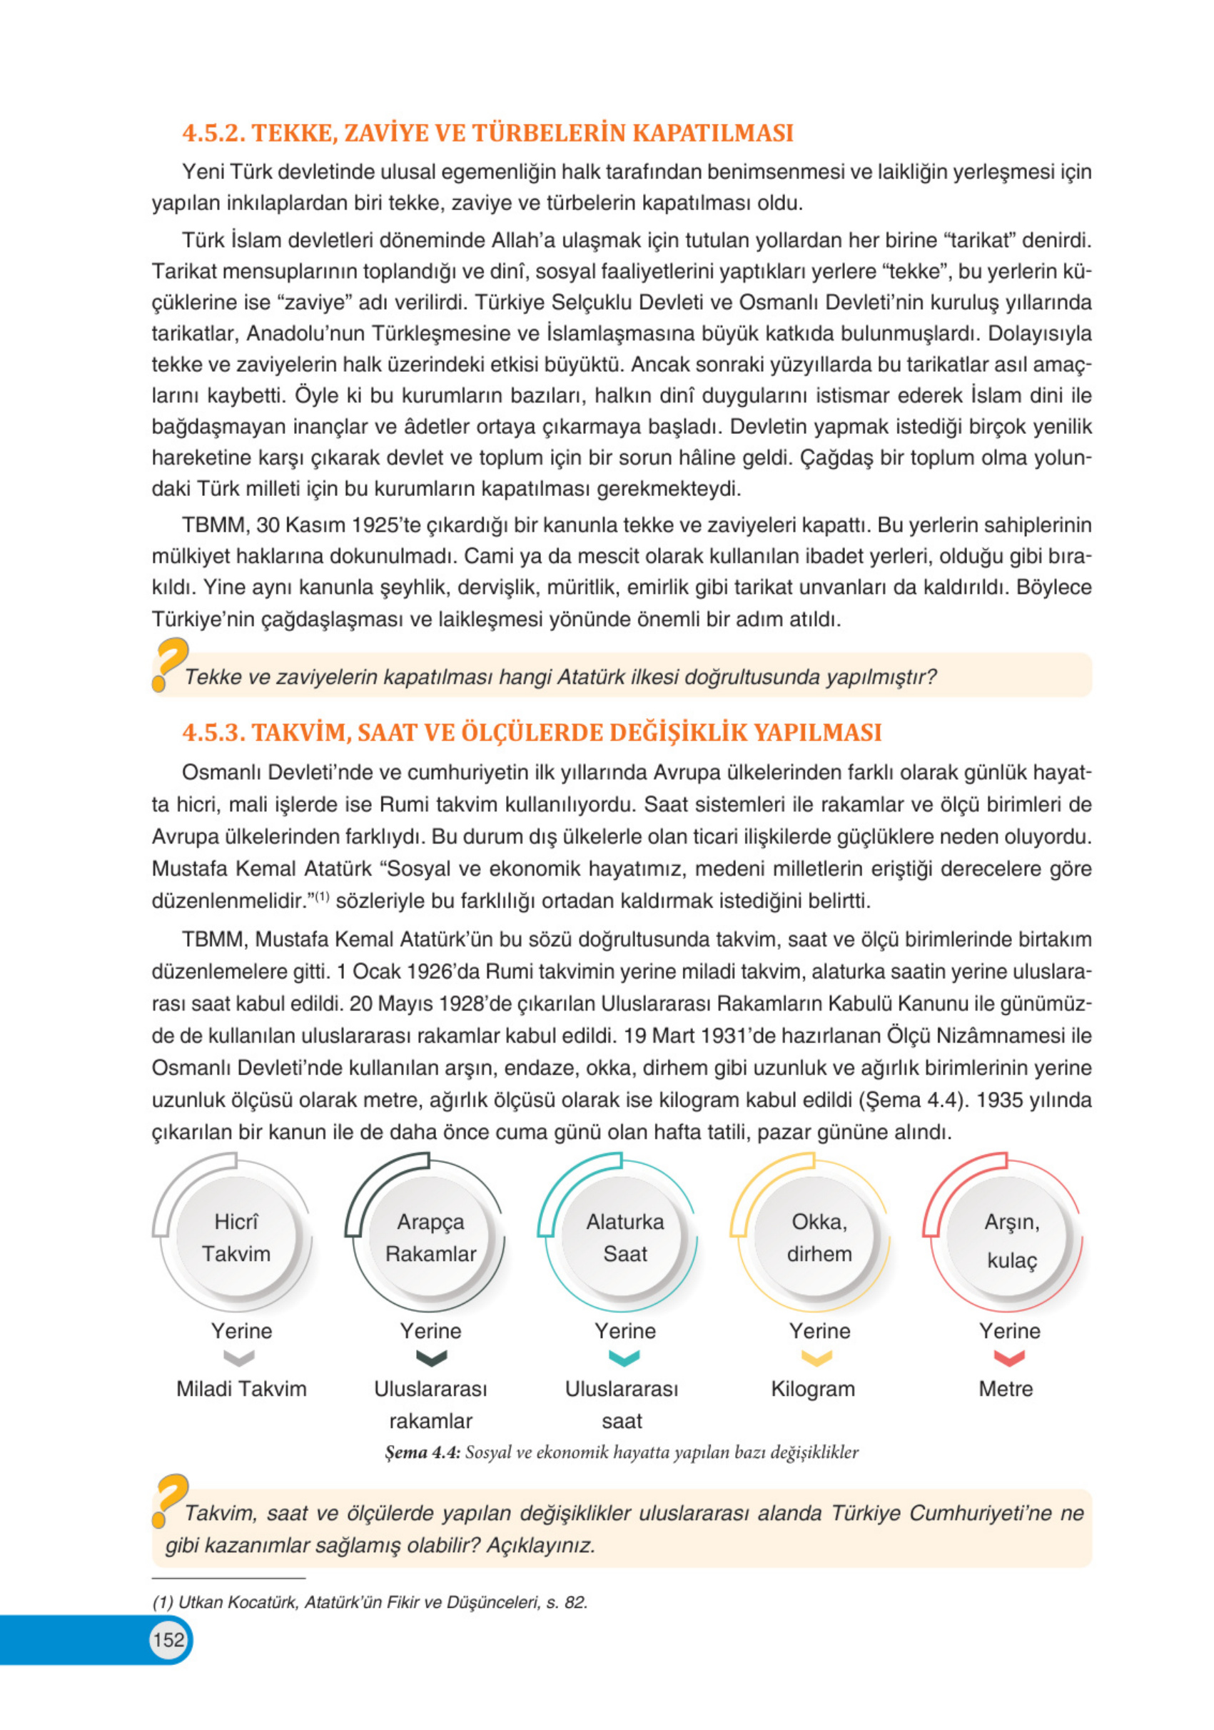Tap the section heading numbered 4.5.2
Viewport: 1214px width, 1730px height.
(x=487, y=133)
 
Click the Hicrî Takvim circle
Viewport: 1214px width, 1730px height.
(x=236, y=1238)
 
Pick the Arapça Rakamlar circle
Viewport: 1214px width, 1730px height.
(x=430, y=1238)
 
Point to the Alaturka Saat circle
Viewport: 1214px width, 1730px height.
(x=624, y=1238)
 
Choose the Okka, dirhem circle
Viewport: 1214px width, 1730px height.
(x=819, y=1238)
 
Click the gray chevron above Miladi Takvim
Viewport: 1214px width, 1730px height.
(x=240, y=1357)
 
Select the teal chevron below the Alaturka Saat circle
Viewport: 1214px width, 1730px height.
(x=624, y=1357)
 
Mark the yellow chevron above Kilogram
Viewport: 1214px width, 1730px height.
(x=817, y=1357)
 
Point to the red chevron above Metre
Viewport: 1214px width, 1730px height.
(x=1009, y=1357)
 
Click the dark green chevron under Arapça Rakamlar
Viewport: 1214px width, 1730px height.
(x=431, y=1357)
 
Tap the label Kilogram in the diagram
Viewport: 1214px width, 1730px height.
(x=812, y=1389)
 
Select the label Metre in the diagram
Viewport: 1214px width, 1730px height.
(x=1006, y=1389)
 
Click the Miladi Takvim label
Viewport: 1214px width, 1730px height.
(x=241, y=1389)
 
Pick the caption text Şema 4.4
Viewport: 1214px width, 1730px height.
(x=422, y=1452)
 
